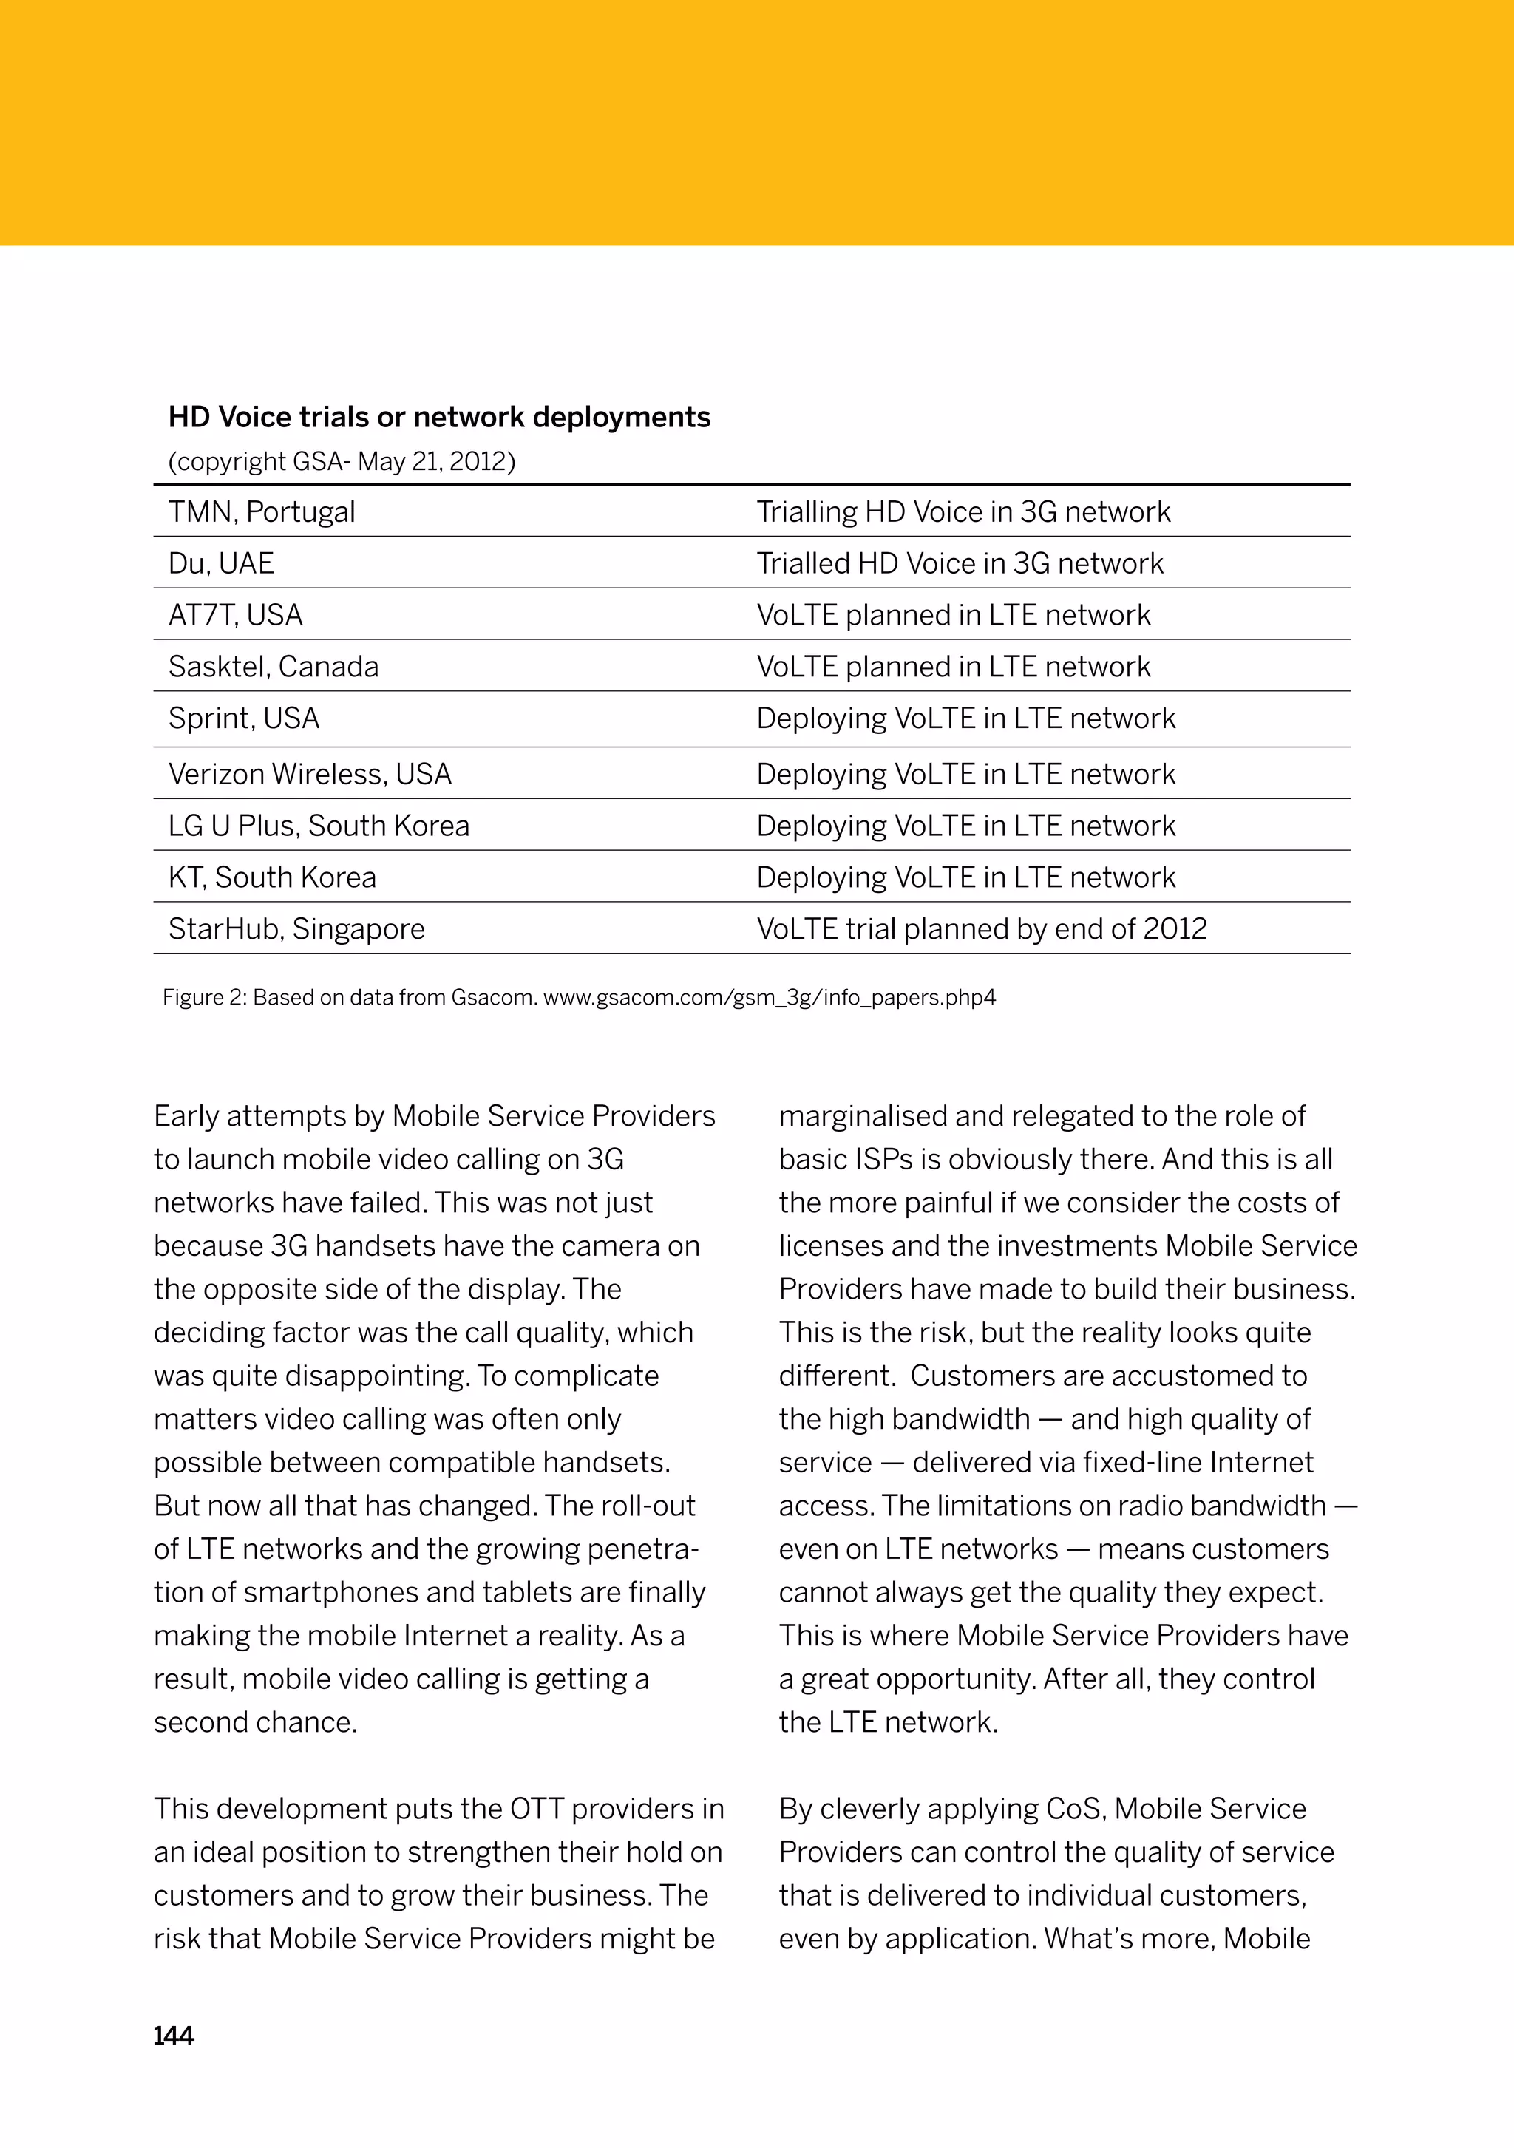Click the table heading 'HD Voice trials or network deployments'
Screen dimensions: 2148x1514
(x=439, y=417)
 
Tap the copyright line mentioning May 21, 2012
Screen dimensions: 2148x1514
(x=342, y=461)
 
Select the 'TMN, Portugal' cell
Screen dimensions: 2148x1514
(x=262, y=511)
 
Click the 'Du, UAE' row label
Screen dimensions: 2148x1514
(x=221, y=563)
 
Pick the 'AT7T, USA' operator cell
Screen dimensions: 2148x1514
(x=236, y=615)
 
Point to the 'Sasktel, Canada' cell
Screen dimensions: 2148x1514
(x=274, y=666)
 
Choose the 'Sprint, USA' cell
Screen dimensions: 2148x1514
(x=244, y=718)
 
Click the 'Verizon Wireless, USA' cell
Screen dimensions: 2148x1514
(x=310, y=774)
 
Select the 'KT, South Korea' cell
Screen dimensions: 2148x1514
(x=272, y=877)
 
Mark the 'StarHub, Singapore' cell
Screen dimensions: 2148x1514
(x=296, y=928)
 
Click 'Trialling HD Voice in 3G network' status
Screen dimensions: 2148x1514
(x=963, y=511)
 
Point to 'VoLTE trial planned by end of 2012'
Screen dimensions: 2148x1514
(x=982, y=928)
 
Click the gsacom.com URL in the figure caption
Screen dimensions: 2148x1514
(x=769, y=997)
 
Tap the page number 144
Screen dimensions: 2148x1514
(x=173, y=2036)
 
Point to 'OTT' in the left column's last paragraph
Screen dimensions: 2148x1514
(x=536, y=1809)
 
